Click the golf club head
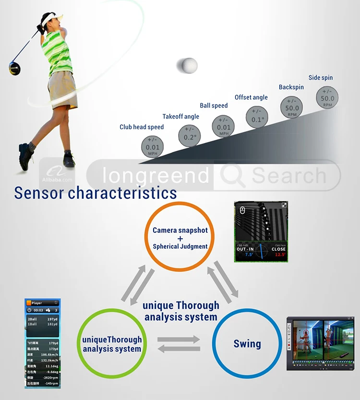(14, 67)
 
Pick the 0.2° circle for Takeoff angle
(190, 134)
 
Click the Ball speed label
(214, 106)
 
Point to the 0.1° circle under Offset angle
(258, 117)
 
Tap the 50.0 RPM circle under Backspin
(292, 108)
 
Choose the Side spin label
(320, 78)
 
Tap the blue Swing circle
(247, 344)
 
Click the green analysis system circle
(112, 344)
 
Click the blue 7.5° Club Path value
(249, 255)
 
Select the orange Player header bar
(42, 303)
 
